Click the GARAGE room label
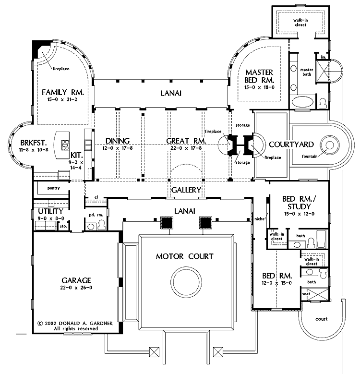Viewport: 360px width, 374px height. [x=76, y=280]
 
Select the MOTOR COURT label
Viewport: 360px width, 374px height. [x=184, y=256]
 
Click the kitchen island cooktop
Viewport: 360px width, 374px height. [x=65, y=145]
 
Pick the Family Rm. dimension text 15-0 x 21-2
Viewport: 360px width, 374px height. [x=62, y=99]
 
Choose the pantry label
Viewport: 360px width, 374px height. [x=53, y=188]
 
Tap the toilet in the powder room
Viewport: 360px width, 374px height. [x=102, y=225]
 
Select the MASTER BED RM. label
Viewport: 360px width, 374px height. [x=259, y=76]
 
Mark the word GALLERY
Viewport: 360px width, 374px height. [x=186, y=190]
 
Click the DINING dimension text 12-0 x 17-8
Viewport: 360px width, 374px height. [x=118, y=148]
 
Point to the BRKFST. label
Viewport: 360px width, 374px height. [x=34, y=143]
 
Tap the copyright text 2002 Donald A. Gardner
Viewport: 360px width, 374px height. [x=75, y=324]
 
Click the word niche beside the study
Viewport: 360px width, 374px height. [x=259, y=219]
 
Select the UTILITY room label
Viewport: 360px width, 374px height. [x=50, y=211]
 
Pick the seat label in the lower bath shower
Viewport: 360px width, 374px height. [x=306, y=294]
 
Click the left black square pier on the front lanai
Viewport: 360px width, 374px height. [x=167, y=223]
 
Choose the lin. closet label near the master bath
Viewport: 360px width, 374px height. [x=324, y=57]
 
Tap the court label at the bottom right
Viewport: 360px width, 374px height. [x=322, y=319]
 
